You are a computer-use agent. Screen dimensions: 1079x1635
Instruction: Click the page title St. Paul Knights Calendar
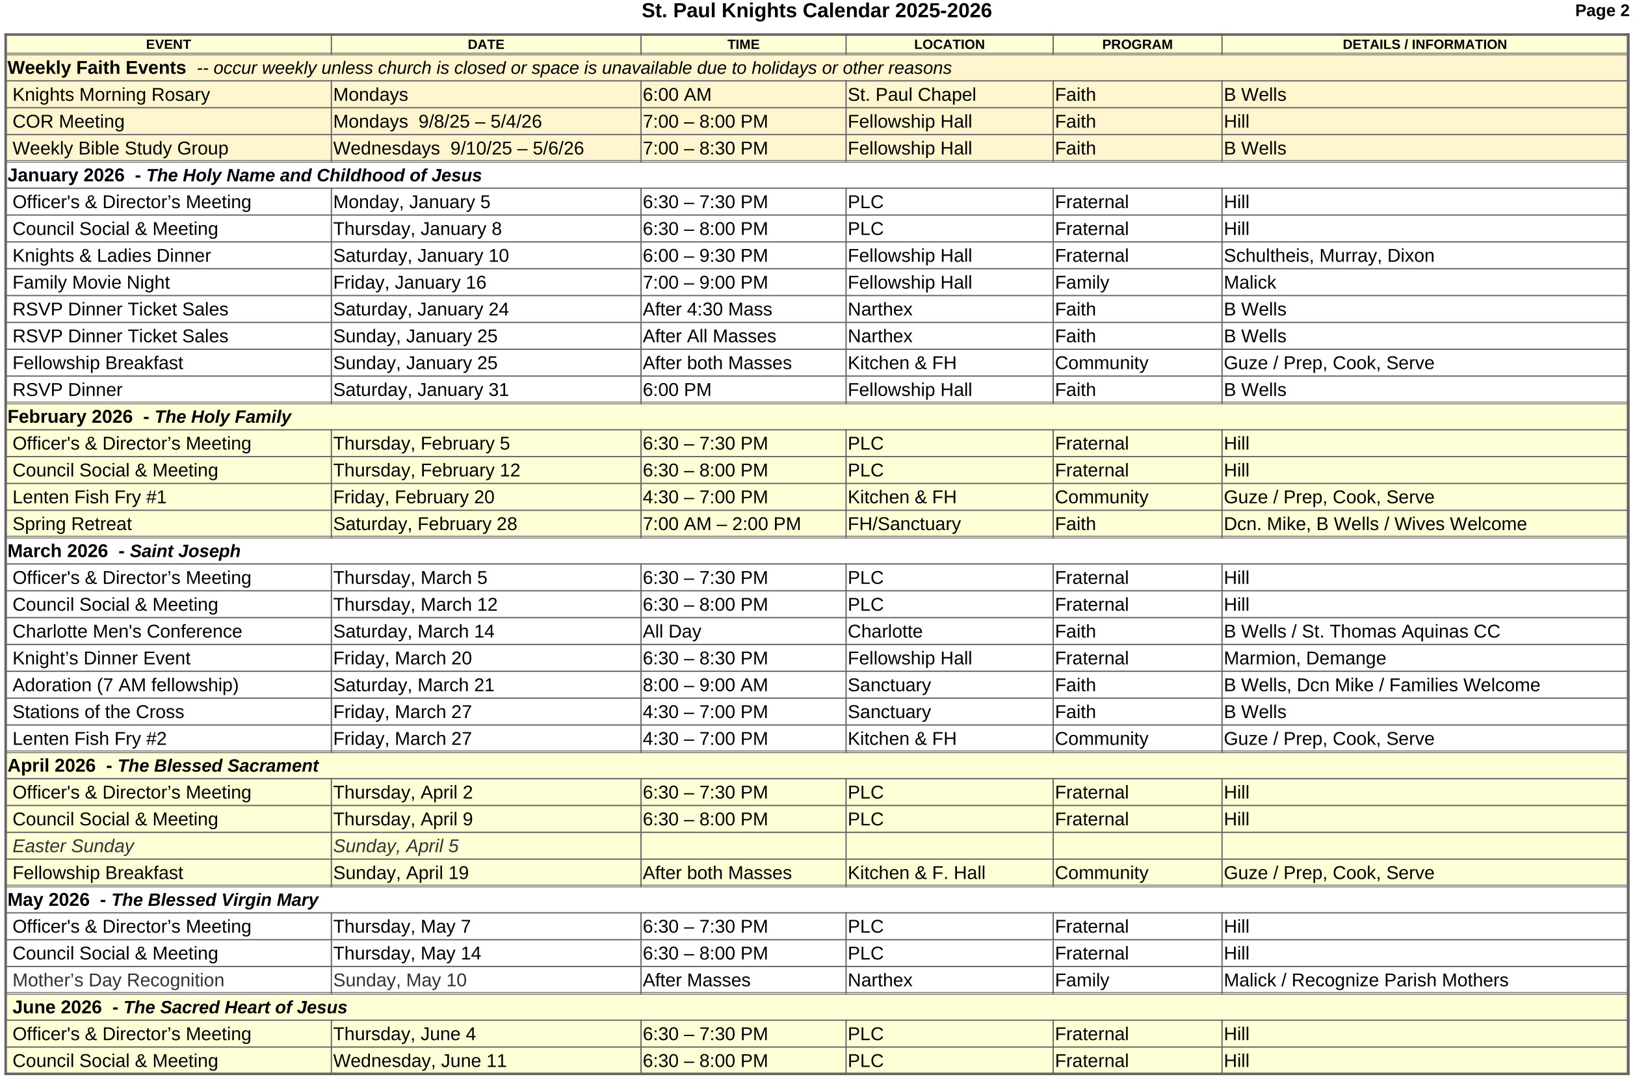[816, 11]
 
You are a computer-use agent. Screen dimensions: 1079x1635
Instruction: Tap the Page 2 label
[1601, 10]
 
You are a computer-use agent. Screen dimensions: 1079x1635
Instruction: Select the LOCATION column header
[948, 45]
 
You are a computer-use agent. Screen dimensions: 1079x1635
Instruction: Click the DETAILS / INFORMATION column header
[1424, 45]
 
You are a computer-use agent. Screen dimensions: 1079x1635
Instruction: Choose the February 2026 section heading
[150, 416]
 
